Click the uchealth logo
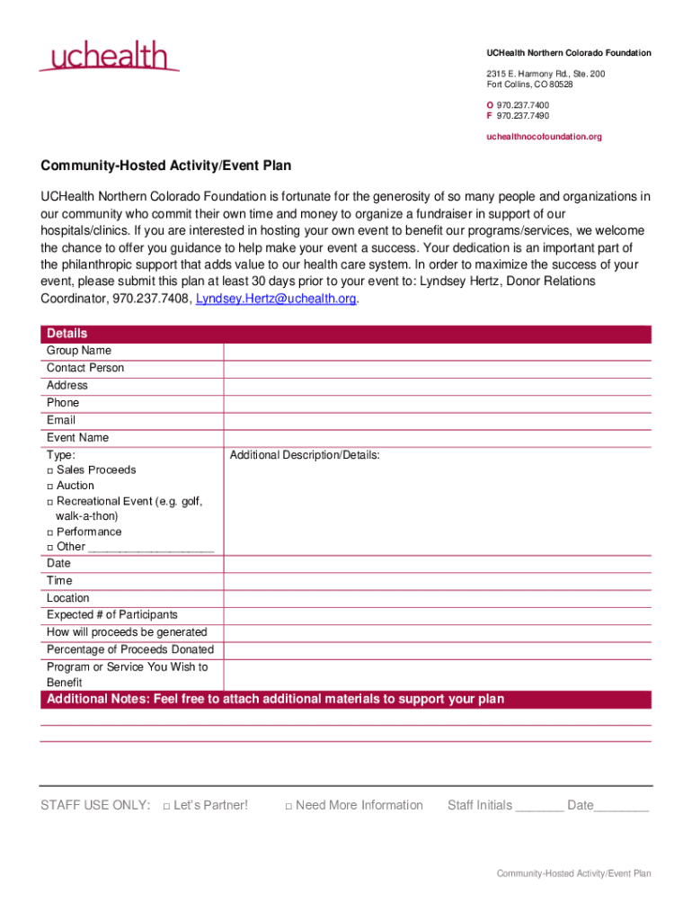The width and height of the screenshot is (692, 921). (109, 56)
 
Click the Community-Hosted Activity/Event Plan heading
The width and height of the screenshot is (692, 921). (165, 166)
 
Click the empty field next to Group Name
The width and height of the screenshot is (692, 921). (437, 351)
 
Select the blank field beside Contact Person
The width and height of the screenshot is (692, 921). (437, 368)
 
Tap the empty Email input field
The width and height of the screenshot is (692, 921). (437, 420)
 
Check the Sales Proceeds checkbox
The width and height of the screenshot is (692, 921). (50, 470)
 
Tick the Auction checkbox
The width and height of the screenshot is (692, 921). (50, 486)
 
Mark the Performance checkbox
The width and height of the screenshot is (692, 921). (50, 532)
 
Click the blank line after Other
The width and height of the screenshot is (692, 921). (152, 548)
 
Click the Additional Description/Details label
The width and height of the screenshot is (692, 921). (305, 455)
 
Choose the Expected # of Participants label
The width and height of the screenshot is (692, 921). (112, 615)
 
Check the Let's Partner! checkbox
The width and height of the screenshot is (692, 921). (167, 806)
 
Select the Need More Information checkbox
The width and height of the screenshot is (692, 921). (288, 806)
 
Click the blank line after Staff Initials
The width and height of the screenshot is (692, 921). (539, 807)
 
